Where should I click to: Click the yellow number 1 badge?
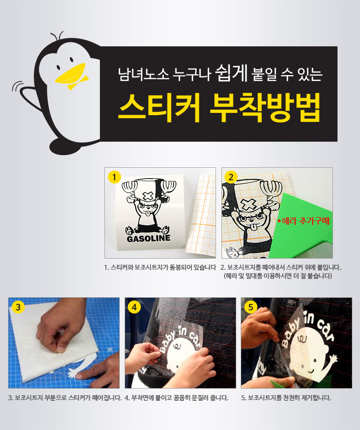(x=114, y=177)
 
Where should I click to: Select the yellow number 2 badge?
(x=231, y=177)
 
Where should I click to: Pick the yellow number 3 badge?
(x=18, y=307)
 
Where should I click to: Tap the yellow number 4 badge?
(x=134, y=307)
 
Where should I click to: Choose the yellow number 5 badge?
(x=251, y=307)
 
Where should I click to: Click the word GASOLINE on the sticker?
(x=148, y=238)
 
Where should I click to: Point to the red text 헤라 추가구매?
(x=303, y=221)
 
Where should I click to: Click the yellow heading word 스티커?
(x=159, y=108)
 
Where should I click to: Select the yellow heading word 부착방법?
(x=265, y=108)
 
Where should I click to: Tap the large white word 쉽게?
(x=232, y=73)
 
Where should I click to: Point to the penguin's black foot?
(x=65, y=147)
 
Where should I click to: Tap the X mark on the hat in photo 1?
(x=148, y=196)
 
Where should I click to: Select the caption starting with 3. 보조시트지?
(x=65, y=398)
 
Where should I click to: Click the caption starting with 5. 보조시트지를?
(x=286, y=398)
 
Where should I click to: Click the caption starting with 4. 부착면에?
(x=176, y=398)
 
